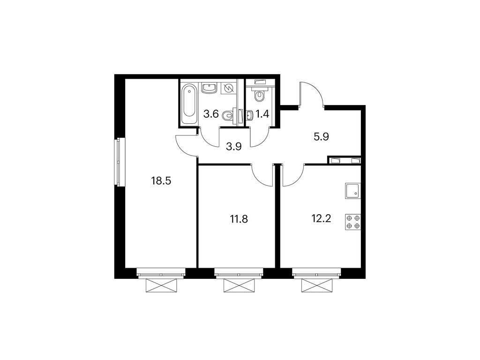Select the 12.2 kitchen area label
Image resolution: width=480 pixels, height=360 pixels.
click(321, 218)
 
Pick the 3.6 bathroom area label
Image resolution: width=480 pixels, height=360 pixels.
click(211, 113)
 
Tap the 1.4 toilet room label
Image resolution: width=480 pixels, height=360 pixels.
click(262, 113)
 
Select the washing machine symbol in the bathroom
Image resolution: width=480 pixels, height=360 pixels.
click(229, 88)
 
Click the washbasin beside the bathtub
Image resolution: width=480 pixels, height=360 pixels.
click(209, 88)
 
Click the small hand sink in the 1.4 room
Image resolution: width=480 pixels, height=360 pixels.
click(249, 114)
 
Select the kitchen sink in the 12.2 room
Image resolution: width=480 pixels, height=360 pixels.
click(352, 190)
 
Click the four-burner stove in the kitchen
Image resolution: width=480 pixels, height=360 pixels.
click(353, 222)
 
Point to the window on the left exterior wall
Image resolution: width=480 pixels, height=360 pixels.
click(120, 162)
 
